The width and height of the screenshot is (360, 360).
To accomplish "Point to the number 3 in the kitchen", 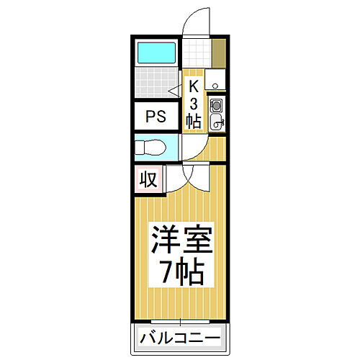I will point(193,103).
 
